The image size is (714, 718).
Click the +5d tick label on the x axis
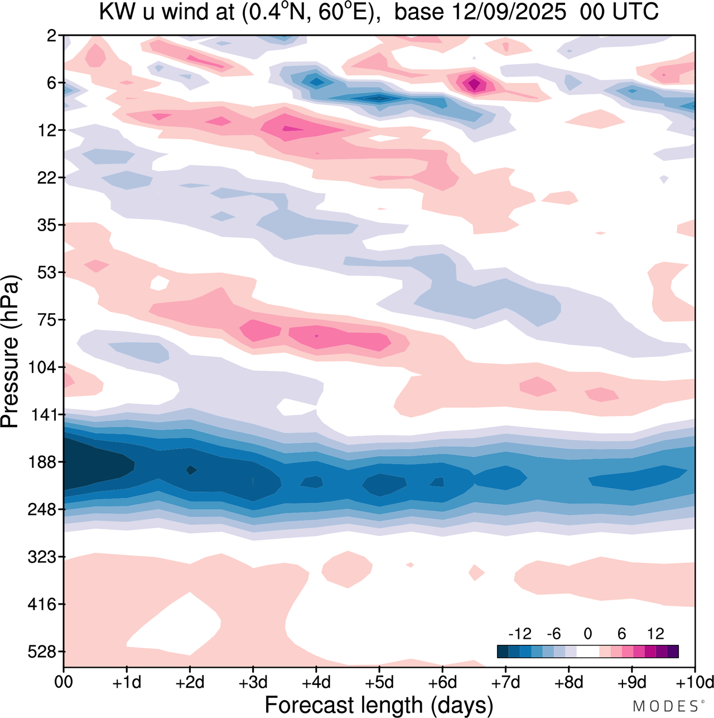point(379,682)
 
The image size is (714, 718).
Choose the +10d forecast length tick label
point(695,682)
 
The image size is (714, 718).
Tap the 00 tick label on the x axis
point(64,682)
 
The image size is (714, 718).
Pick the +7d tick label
point(505,682)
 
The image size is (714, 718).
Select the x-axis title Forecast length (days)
point(379,705)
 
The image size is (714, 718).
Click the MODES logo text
point(666,706)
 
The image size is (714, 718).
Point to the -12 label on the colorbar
point(519,634)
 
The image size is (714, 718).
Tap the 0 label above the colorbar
point(587,634)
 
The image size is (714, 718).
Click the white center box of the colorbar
point(587,652)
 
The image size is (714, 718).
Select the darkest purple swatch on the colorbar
point(673,652)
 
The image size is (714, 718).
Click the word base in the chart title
point(416,12)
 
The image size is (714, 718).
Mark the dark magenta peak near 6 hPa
point(474,84)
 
